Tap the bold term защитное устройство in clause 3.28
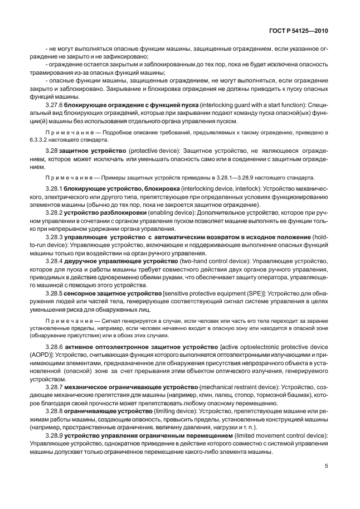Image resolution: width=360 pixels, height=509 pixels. pyautogui.click(x=98, y=151)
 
